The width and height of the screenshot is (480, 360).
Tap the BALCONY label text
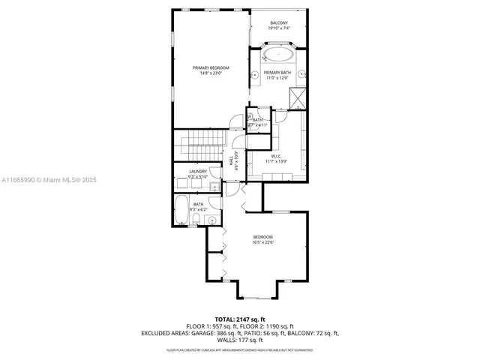click(278, 23)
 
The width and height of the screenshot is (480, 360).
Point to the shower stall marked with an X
click(298, 97)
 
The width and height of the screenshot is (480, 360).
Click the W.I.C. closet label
click(276, 156)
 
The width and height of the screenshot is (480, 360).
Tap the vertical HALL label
click(232, 158)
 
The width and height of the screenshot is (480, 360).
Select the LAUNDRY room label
click(198, 172)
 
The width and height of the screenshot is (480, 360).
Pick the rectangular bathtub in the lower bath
click(181, 209)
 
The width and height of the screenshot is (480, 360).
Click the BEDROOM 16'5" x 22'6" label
click(262, 237)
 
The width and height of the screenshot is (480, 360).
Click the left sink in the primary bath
click(255, 74)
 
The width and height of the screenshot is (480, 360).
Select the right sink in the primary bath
click(302, 74)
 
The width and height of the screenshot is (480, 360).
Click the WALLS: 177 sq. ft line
click(240, 339)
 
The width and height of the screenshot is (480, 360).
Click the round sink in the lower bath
click(212, 220)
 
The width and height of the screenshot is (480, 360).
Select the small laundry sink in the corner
click(214, 187)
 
